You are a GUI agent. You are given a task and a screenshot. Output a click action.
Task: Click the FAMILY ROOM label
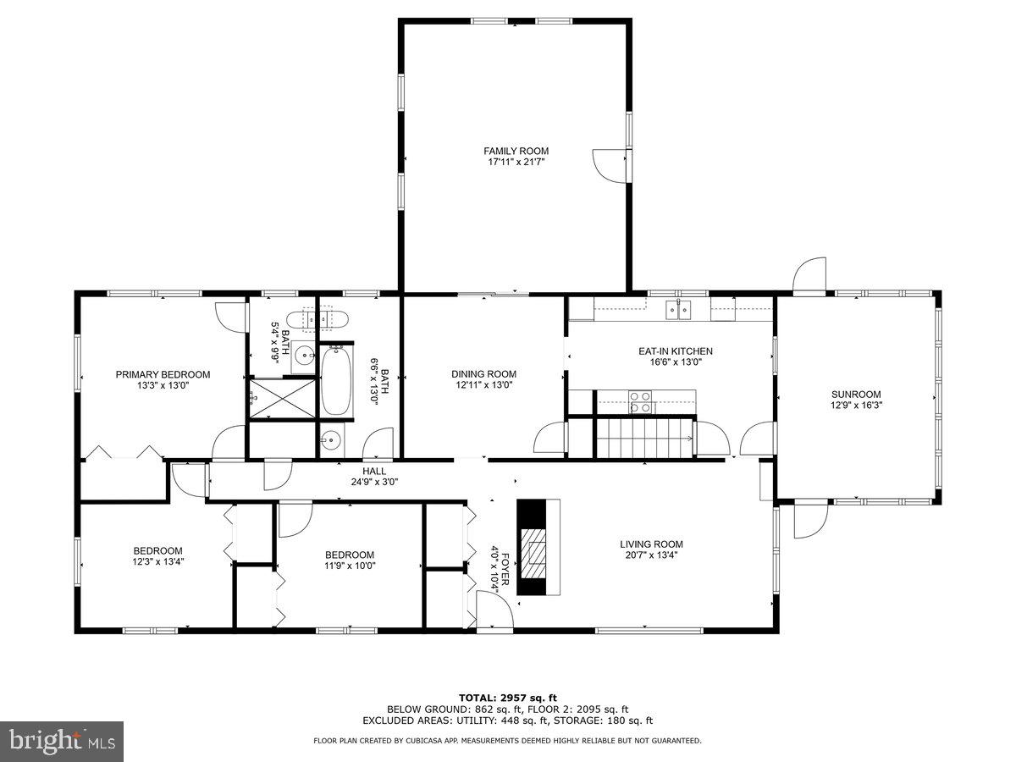516,151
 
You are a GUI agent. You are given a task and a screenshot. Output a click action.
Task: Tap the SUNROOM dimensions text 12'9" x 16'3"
856,405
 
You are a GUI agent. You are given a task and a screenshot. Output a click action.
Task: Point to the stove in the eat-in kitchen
640,400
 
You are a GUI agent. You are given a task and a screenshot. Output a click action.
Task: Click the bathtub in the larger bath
335,382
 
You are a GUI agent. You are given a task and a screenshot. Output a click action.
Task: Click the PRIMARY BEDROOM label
163,374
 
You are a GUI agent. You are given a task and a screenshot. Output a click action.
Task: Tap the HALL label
374,471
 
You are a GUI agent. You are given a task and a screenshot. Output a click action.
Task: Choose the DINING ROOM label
483,374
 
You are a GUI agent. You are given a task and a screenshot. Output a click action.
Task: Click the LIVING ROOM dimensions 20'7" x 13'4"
651,555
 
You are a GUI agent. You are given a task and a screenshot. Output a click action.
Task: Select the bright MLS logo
62,741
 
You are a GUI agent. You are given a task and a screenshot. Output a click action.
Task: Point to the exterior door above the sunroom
809,276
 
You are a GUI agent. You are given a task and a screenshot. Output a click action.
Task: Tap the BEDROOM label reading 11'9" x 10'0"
349,566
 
